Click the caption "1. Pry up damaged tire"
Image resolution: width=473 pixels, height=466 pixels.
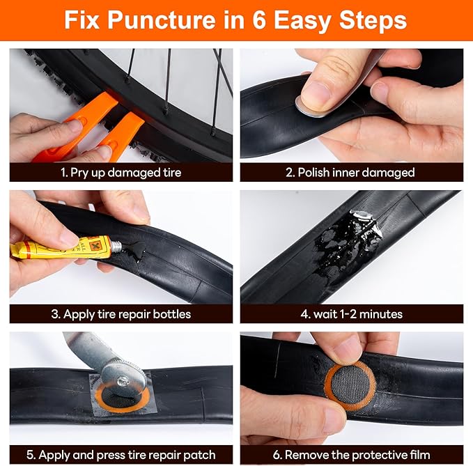[x=121, y=172]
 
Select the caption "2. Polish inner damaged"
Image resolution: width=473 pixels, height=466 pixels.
[x=351, y=172]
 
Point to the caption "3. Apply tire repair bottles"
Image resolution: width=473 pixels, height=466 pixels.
[x=121, y=314]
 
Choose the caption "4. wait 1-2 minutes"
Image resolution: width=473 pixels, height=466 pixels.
[x=351, y=314]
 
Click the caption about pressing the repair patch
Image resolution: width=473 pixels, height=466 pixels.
[x=121, y=455]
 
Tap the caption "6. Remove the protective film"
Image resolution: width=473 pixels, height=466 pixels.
[x=351, y=455]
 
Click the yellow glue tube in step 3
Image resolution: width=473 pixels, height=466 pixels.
[x=63, y=248]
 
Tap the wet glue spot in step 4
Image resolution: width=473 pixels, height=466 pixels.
[x=341, y=240]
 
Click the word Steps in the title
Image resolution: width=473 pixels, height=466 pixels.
[x=373, y=20]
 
